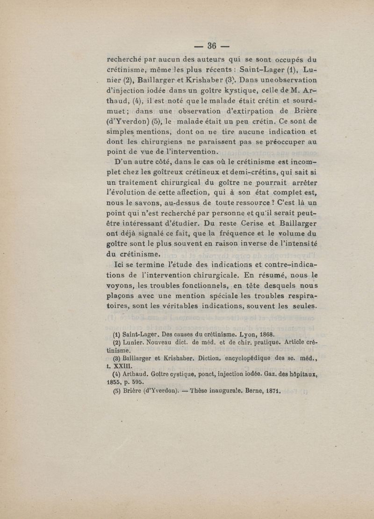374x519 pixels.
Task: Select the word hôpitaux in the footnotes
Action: [x=305, y=374]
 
